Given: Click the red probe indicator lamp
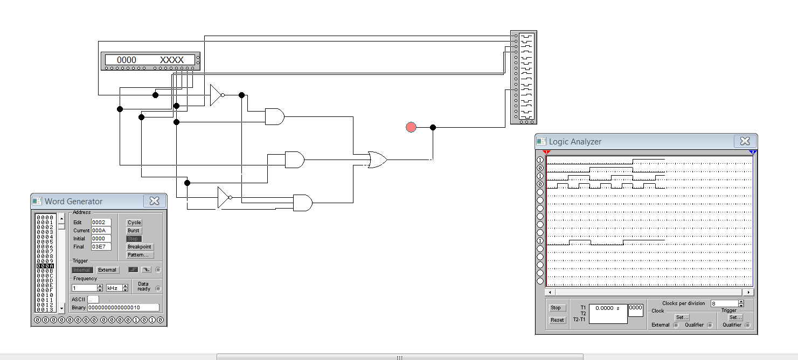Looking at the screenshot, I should (x=411, y=127).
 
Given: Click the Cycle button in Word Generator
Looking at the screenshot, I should (x=134, y=223).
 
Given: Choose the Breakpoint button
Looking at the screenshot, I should (x=140, y=247).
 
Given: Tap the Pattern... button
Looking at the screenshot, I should (x=140, y=255).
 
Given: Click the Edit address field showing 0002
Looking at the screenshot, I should (x=101, y=223).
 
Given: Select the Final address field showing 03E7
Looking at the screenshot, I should (x=101, y=247).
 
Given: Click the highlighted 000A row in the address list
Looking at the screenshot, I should (x=45, y=266).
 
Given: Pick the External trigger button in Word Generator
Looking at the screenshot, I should (x=107, y=270).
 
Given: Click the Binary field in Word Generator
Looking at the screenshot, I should (x=123, y=308).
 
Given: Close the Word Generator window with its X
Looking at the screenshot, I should (x=154, y=201).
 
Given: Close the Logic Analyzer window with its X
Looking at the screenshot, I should (x=745, y=141).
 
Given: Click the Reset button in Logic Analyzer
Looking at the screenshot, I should (x=557, y=320).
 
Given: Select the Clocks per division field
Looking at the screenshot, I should (x=724, y=303).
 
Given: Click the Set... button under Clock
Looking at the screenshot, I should (x=682, y=317).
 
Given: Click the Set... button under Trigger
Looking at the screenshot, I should (x=735, y=317).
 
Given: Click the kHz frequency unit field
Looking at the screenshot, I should (x=114, y=288).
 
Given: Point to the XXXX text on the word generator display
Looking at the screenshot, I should (x=172, y=60).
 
